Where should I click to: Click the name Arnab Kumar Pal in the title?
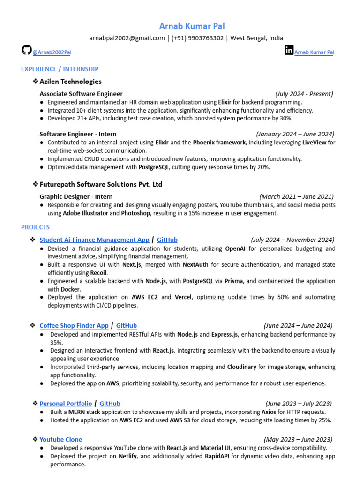click(x=186, y=26)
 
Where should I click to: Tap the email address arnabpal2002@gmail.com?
click(x=127, y=38)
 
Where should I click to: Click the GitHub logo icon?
click(x=27, y=50)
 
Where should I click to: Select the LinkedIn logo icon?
click(x=289, y=50)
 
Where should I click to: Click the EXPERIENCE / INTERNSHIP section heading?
click(x=60, y=69)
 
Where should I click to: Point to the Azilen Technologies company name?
click(x=74, y=82)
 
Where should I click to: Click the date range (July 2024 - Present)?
click(x=304, y=94)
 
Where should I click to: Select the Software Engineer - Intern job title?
click(x=78, y=134)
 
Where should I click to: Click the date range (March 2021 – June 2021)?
click(x=296, y=196)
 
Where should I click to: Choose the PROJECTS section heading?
click(x=35, y=227)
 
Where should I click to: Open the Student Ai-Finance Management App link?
click(x=94, y=240)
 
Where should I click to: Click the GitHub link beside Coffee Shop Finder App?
click(x=127, y=325)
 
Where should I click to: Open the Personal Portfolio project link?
click(x=66, y=403)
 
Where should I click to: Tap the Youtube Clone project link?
click(x=60, y=439)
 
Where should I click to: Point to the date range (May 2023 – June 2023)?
click(x=298, y=439)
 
